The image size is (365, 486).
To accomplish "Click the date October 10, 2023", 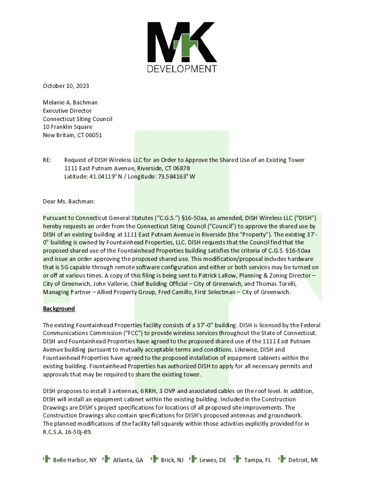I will [66, 86].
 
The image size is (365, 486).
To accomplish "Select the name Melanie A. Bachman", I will [70, 103].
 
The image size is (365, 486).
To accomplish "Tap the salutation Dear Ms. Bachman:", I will [69, 201].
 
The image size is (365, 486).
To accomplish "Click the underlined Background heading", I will [59, 308].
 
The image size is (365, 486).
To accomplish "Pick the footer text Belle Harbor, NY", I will [75, 460].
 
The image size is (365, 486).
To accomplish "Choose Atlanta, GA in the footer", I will [128, 460].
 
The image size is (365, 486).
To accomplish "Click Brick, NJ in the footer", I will [172, 460].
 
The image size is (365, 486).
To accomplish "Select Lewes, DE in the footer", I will [212, 460].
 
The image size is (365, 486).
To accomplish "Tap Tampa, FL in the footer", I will [257, 460].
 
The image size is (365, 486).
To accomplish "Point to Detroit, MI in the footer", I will [303, 460].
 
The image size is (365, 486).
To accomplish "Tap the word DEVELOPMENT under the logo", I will [181, 69].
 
